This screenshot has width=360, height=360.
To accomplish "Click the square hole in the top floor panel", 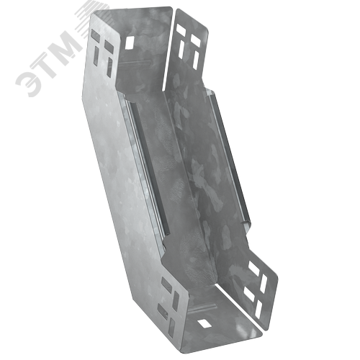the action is (130, 42).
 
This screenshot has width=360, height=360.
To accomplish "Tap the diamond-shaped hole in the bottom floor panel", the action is (204, 323).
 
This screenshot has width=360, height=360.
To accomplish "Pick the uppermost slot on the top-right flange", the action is (181, 30).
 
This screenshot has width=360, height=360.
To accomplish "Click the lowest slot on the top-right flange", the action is (196, 59).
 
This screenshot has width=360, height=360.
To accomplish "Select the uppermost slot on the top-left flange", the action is (95, 35).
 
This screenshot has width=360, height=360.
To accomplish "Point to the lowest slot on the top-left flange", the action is (110, 67).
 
